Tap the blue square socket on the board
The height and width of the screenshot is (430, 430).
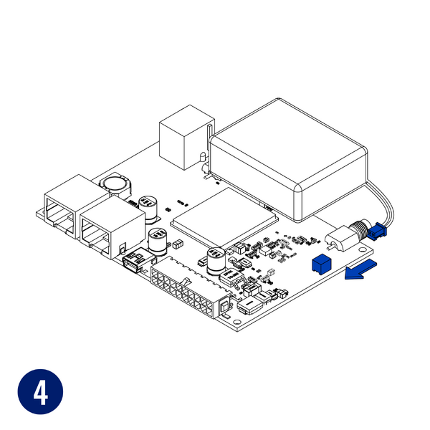tap(320, 264)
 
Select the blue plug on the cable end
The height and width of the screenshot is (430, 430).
tap(377, 232)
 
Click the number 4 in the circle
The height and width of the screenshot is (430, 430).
tap(39, 392)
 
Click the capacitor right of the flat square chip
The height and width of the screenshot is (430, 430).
tap(216, 259)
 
